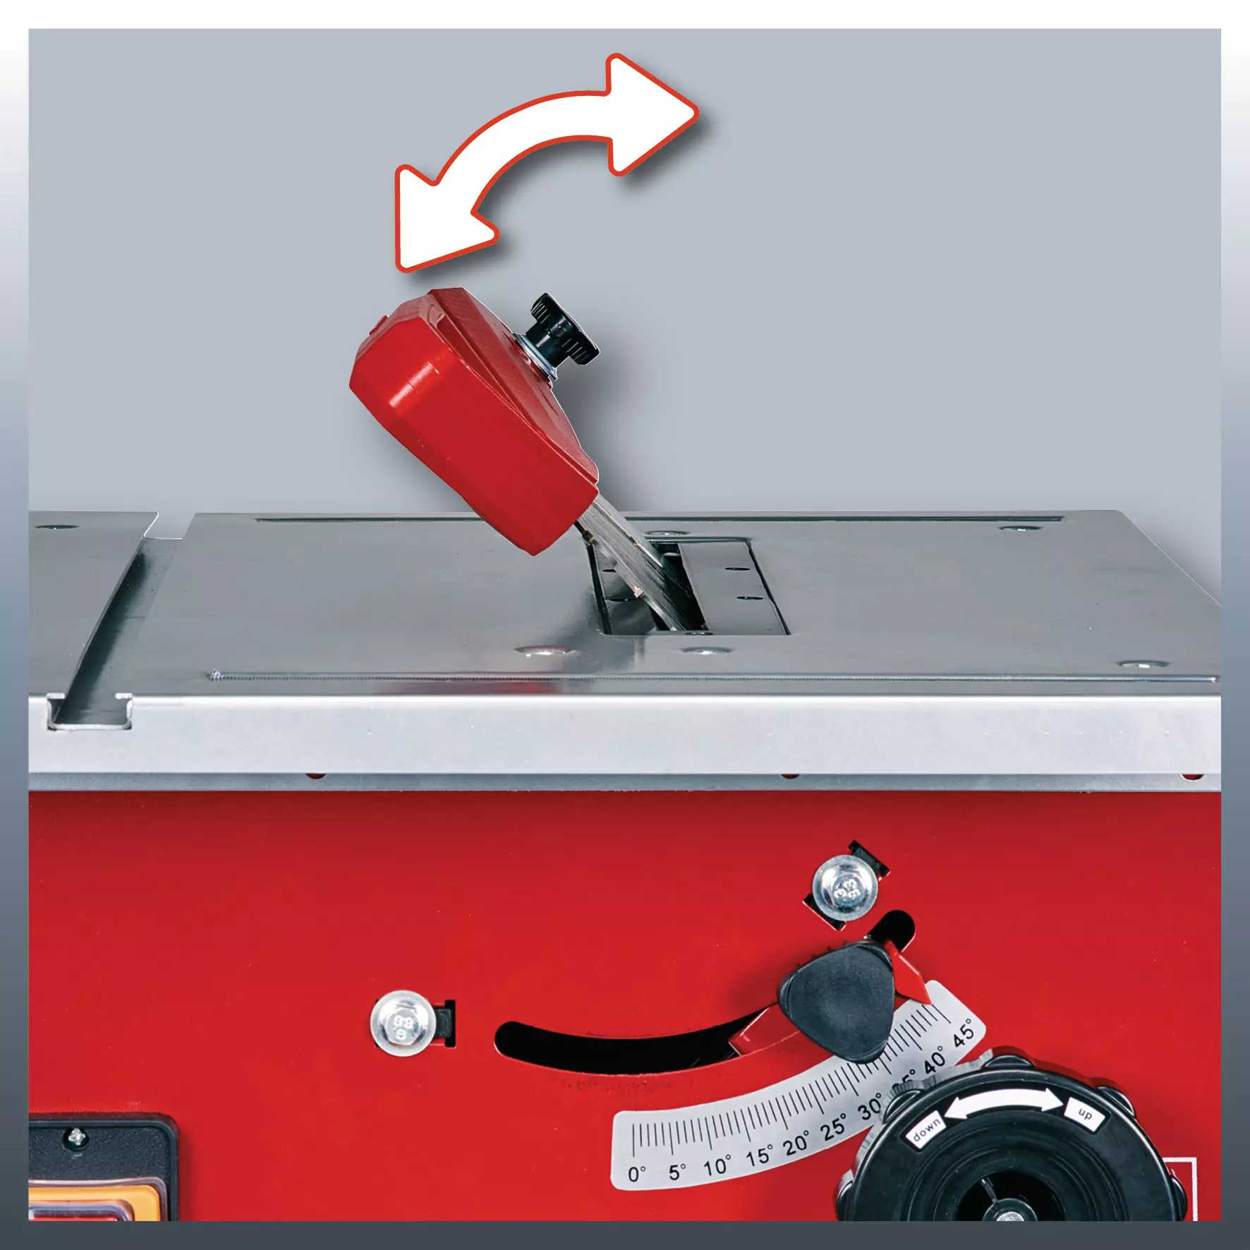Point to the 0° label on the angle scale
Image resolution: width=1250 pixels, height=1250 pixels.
point(636,1174)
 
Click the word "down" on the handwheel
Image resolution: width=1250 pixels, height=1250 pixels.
point(926,1130)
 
